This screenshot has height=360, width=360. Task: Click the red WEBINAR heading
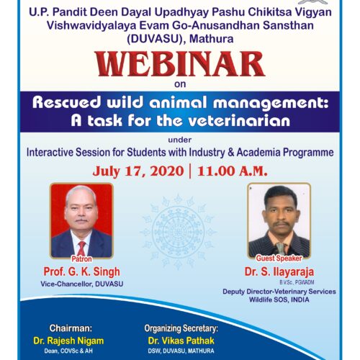click(180, 64)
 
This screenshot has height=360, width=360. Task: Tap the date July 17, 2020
click(138, 171)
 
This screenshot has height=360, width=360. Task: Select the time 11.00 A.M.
click(233, 171)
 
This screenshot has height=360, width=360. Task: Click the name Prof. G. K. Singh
click(81, 272)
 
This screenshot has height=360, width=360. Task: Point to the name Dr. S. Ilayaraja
click(279, 272)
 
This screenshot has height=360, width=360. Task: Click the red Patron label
click(81, 259)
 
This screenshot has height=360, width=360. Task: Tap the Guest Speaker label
click(279, 258)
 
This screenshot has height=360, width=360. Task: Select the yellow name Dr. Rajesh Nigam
click(68, 341)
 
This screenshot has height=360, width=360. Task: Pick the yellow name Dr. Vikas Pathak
click(181, 341)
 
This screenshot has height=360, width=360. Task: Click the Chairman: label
click(71, 328)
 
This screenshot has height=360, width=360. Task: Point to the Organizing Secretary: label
click(181, 328)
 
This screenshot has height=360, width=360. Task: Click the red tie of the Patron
click(81, 248)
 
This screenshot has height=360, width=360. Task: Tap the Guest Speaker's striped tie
click(280, 248)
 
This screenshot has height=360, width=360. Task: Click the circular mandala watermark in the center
click(178, 232)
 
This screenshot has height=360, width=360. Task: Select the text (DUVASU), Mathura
click(180, 39)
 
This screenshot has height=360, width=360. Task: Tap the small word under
click(180, 140)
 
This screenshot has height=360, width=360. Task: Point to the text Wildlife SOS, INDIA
click(279, 300)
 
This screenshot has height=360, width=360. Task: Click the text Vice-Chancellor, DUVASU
click(82, 284)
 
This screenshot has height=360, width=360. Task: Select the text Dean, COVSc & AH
click(68, 351)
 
